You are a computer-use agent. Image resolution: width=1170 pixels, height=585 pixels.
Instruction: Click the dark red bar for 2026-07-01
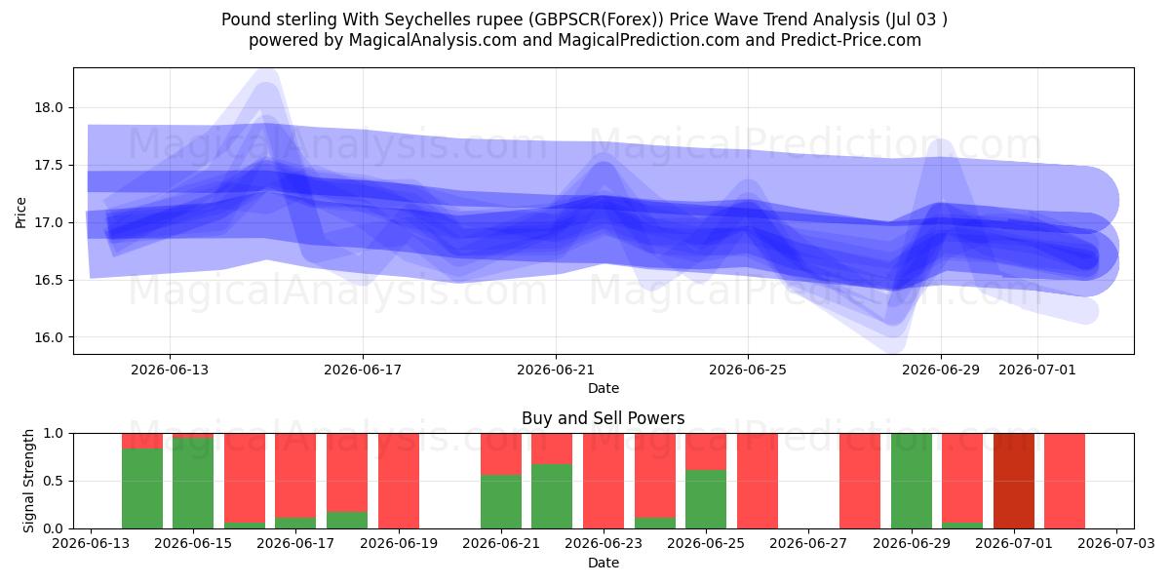tap(1014, 481)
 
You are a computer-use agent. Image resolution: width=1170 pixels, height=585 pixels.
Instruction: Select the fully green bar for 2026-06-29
tap(912, 481)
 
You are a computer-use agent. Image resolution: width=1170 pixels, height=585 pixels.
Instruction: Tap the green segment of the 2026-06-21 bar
tap(501, 501)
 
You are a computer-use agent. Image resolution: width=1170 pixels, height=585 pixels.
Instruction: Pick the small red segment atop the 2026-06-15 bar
tap(193, 436)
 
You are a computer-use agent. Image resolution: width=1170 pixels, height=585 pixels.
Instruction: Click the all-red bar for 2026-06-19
tap(399, 481)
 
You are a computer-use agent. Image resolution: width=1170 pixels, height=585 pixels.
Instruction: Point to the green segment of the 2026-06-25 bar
tap(706, 499)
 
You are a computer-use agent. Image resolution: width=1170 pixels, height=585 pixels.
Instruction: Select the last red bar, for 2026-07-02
tap(1065, 481)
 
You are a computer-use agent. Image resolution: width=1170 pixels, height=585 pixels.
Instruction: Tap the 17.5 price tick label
tap(49, 165)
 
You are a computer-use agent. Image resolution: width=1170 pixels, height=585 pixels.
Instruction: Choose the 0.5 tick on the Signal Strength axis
tap(55, 481)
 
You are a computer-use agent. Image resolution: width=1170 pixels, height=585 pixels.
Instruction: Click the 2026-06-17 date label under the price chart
tap(363, 370)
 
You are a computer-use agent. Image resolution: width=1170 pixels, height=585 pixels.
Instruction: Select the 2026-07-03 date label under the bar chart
tap(1116, 543)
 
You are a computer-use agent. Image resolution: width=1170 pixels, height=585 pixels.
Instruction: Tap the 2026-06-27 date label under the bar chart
tap(808, 543)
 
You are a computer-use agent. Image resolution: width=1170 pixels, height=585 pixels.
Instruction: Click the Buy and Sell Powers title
tap(604, 418)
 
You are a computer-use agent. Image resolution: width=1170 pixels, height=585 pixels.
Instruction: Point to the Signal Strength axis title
tap(28, 481)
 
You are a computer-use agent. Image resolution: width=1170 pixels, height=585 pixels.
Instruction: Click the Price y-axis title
tap(20, 213)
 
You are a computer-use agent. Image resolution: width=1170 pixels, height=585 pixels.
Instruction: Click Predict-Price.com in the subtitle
tap(851, 40)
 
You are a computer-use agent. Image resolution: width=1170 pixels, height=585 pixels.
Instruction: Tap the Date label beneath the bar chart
tap(604, 563)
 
